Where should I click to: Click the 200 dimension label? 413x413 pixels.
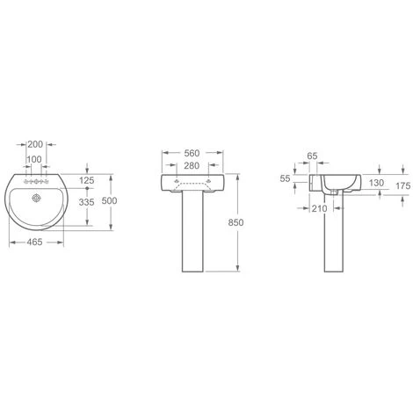coord(35,144)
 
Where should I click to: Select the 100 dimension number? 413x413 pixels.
coord(34,159)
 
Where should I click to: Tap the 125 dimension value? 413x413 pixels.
coord(87,180)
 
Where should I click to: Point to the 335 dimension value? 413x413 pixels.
coord(86,202)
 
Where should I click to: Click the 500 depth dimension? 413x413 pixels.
coord(109,200)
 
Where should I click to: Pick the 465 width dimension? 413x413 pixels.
coord(34,242)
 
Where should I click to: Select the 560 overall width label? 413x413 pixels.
coord(192,153)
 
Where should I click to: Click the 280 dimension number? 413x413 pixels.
coord(192,165)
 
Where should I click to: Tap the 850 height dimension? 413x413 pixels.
coord(235,222)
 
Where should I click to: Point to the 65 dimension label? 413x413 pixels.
coord(312,156)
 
